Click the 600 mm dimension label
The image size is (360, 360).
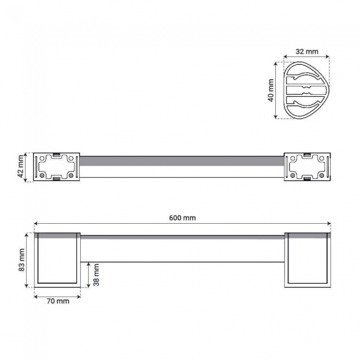click(x=182, y=218)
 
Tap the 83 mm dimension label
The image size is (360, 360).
click(x=22, y=260)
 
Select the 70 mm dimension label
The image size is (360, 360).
click(x=58, y=301)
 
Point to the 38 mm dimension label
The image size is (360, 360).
click(x=96, y=275)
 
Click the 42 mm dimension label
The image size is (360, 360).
click(x=20, y=167)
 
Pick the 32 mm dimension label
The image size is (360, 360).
click(x=307, y=52)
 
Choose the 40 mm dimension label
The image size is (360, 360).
click(x=271, y=90)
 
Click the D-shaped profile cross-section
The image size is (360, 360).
click(x=306, y=90)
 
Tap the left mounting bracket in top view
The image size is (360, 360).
click(x=56, y=167)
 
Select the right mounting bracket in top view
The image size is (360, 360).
click(x=307, y=167)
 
